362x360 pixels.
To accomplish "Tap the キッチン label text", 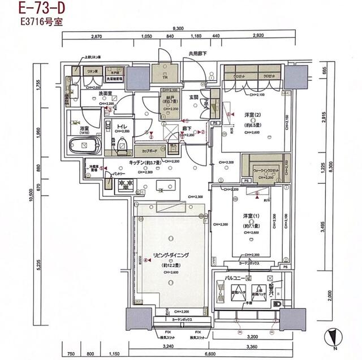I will [x=141, y=162].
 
